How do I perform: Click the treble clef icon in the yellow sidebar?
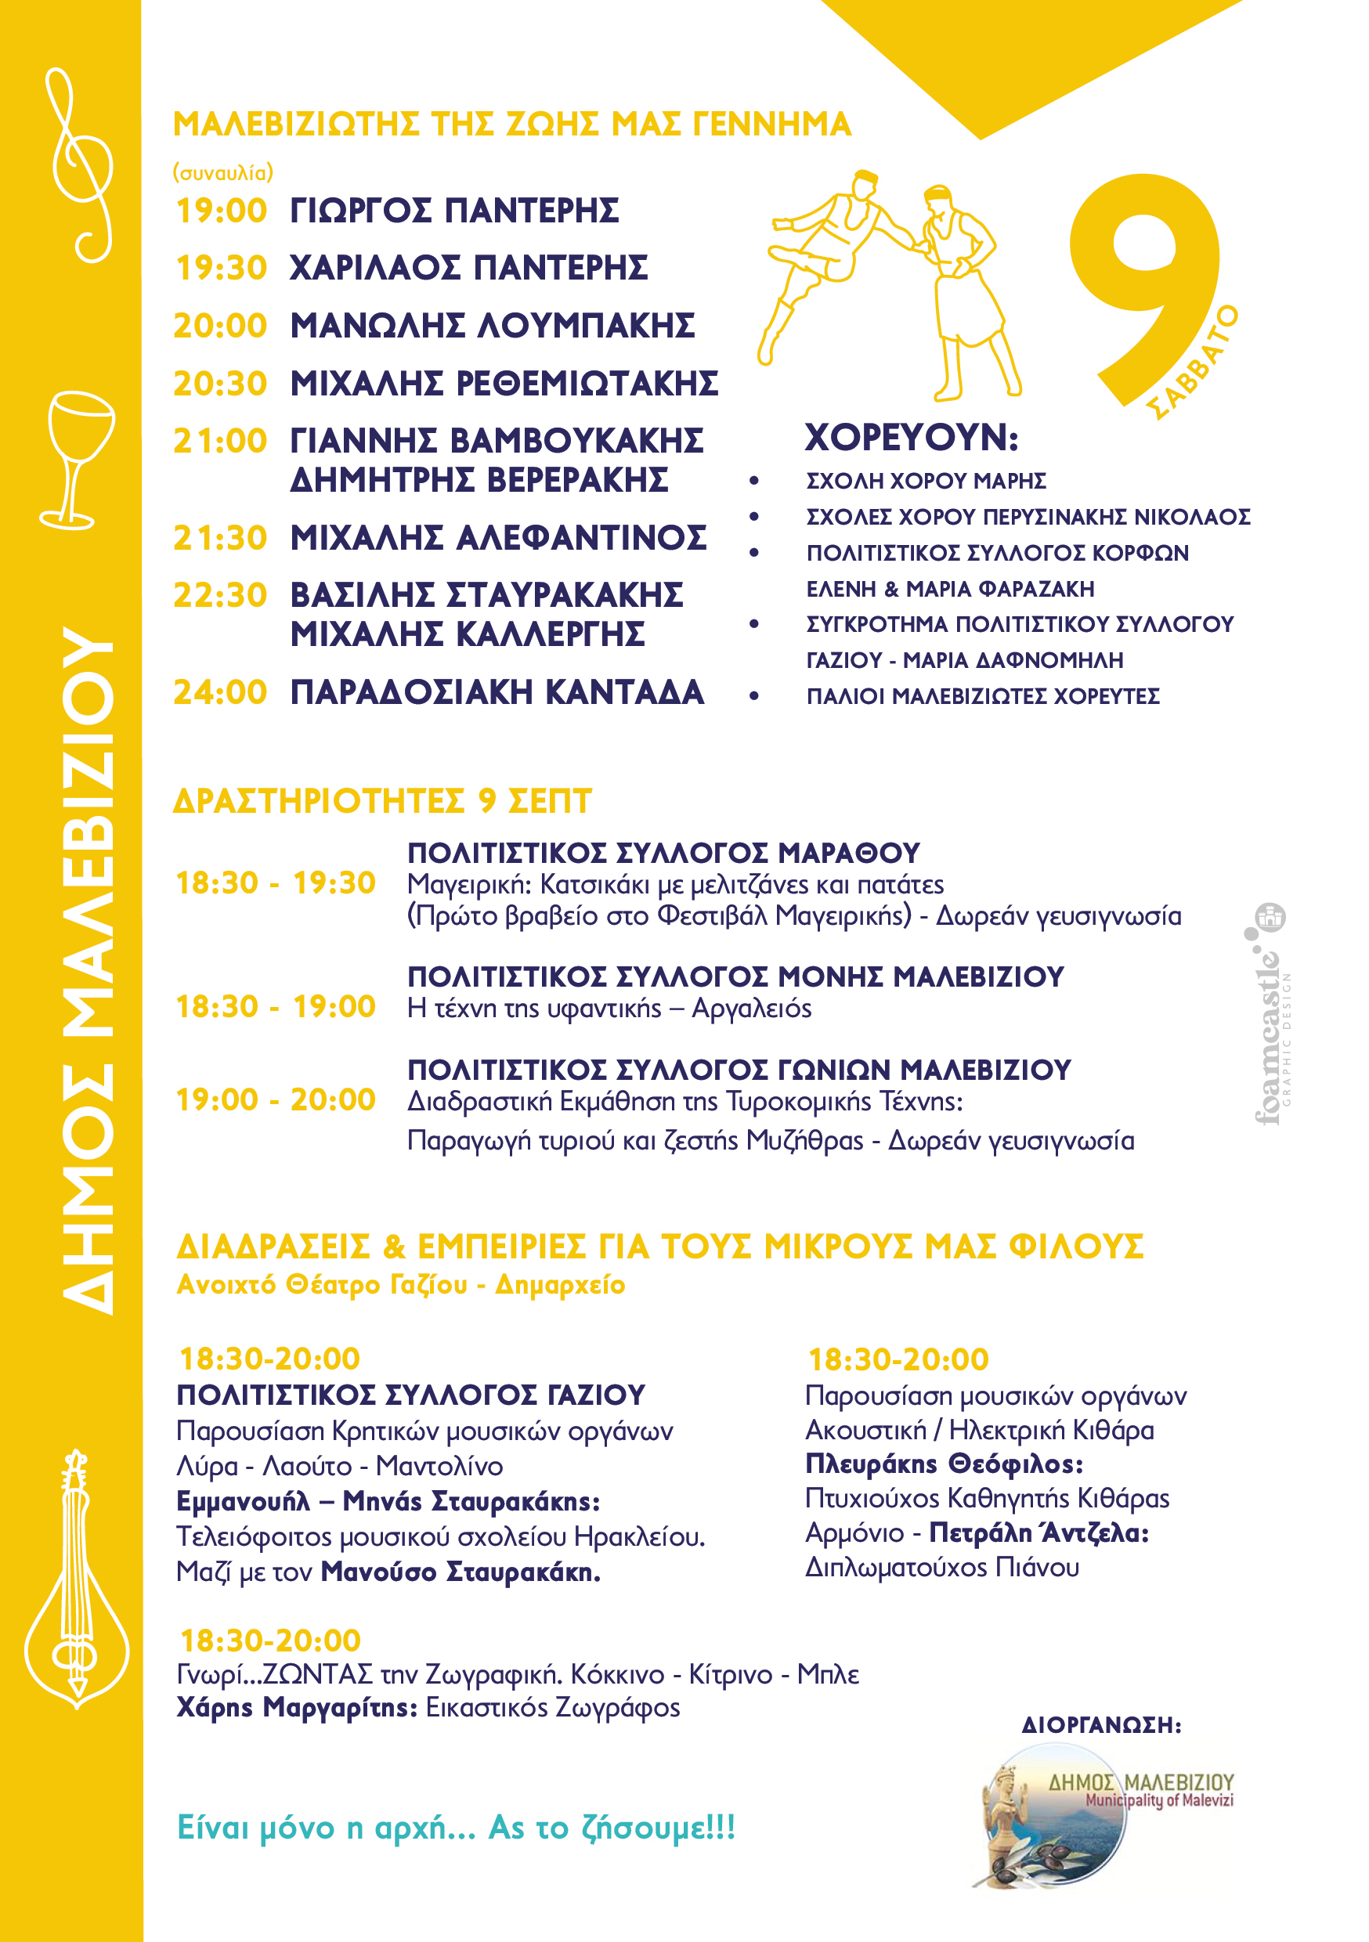(x=80, y=165)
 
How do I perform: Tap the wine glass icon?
(x=77, y=457)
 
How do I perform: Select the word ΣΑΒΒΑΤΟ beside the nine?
(x=1194, y=363)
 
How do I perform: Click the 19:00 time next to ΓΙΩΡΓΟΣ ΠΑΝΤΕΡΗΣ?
(x=221, y=211)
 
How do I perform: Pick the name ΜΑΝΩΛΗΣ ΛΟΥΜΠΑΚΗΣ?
(x=493, y=326)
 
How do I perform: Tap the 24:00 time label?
(x=220, y=692)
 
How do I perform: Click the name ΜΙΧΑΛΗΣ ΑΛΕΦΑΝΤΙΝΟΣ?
(x=498, y=538)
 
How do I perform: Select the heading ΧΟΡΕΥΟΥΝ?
(x=912, y=437)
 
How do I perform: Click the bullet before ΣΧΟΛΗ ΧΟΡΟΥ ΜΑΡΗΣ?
(x=754, y=482)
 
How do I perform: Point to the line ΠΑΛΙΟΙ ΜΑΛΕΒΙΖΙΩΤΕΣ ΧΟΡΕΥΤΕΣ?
(x=982, y=696)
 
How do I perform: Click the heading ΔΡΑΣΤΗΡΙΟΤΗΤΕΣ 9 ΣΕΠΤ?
(x=382, y=800)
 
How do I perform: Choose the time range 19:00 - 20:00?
(x=275, y=1099)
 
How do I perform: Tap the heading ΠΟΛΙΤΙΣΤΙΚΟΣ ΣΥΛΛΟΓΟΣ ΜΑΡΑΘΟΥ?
(x=663, y=853)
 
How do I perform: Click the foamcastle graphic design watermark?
(x=1270, y=1015)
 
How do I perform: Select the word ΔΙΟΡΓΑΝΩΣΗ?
(x=1101, y=1724)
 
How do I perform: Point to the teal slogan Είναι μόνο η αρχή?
(x=456, y=1828)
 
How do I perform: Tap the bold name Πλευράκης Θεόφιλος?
(x=944, y=1464)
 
